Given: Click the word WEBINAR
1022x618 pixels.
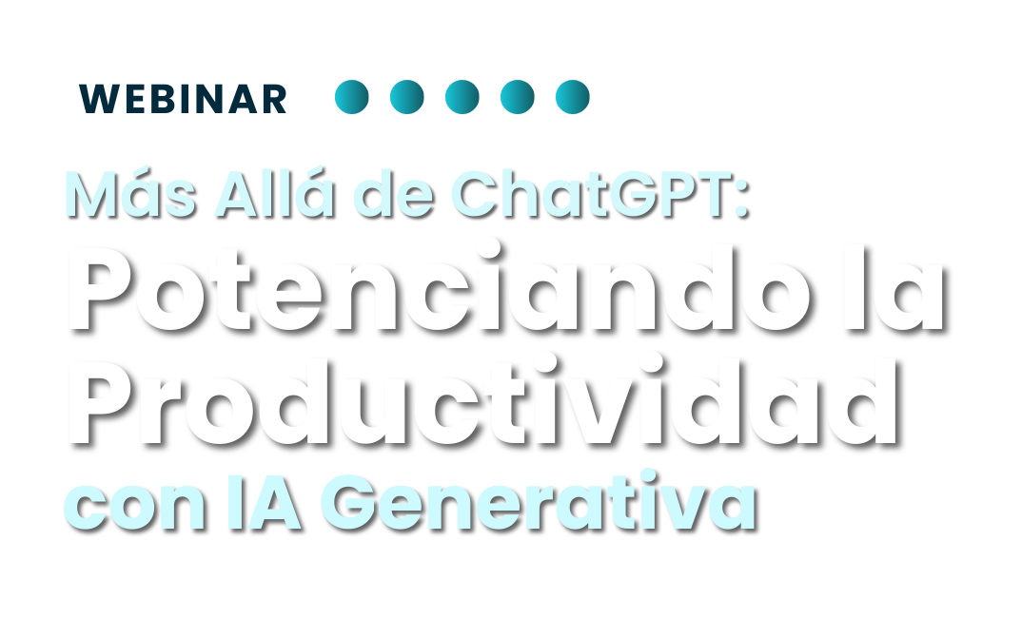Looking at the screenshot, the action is tap(183, 99).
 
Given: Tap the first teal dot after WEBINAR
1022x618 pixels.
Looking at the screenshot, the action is tap(352, 97).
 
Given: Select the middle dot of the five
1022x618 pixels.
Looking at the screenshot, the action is tap(462, 97).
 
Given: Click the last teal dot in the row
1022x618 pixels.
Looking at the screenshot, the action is tap(573, 97).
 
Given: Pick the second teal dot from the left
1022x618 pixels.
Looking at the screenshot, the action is tap(407, 97).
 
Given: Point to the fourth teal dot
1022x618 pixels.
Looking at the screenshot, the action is tap(518, 97).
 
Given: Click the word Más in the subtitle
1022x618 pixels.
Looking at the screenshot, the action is tap(130, 193).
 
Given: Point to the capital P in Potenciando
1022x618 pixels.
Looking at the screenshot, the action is tap(105, 289).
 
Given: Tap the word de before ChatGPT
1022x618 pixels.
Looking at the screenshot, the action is tap(394, 193).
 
